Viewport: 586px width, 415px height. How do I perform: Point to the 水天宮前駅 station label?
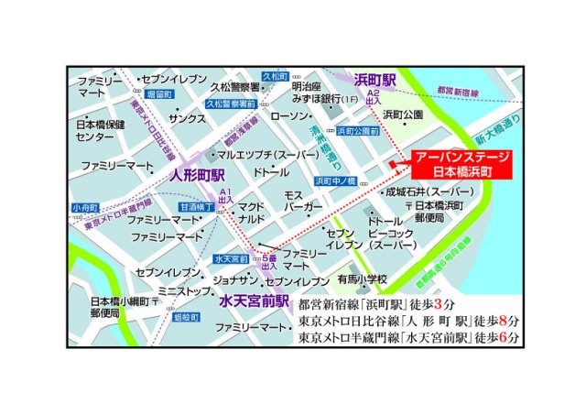coord(254,300)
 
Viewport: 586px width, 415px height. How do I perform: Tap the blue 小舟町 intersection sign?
coord(84,207)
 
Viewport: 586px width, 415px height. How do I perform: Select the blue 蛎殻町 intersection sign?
coord(185,316)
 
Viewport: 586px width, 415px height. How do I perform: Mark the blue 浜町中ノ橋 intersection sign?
coord(336,180)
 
